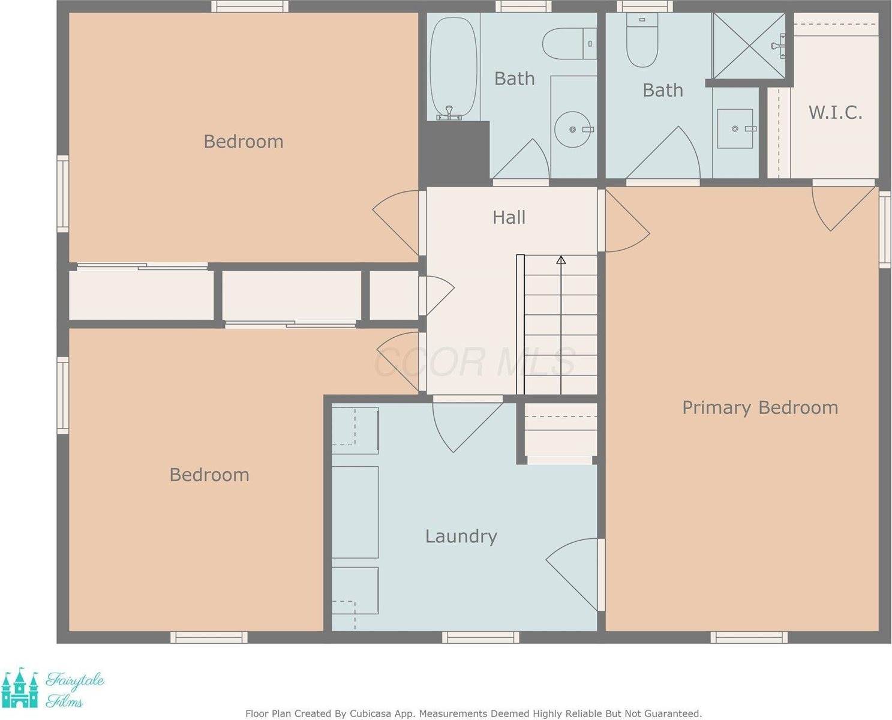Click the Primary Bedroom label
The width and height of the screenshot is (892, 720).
click(x=760, y=408)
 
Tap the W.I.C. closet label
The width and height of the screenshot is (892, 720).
click(x=835, y=112)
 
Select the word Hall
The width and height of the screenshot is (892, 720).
click(x=509, y=217)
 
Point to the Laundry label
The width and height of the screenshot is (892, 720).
click(x=461, y=536)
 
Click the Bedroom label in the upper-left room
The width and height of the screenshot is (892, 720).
click(x=243, y=142)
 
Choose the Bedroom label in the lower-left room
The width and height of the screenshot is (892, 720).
click(x=209, y=475)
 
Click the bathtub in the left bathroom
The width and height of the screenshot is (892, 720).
click(x=453, y=66)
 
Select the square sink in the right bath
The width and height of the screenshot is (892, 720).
click(x=735, y=128)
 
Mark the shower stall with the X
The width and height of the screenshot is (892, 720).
click(x=749, y=46)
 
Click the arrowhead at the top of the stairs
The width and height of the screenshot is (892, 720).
click(x=561, y=260)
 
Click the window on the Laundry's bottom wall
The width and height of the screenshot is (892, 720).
click(x=480, y=637)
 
